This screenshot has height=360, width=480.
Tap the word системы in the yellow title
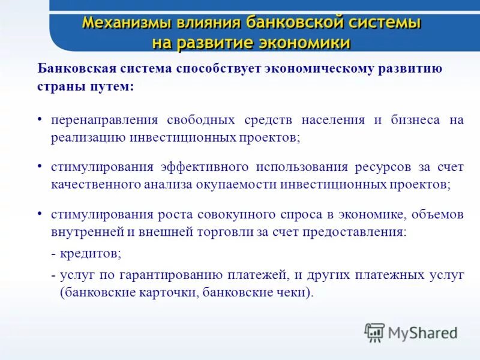383,23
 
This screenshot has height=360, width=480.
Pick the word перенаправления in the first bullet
96,119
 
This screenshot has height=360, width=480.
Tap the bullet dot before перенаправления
40,119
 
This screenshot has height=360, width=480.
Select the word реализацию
88,137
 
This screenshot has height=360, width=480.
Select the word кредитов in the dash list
89,253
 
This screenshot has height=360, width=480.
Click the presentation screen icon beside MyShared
374,332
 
